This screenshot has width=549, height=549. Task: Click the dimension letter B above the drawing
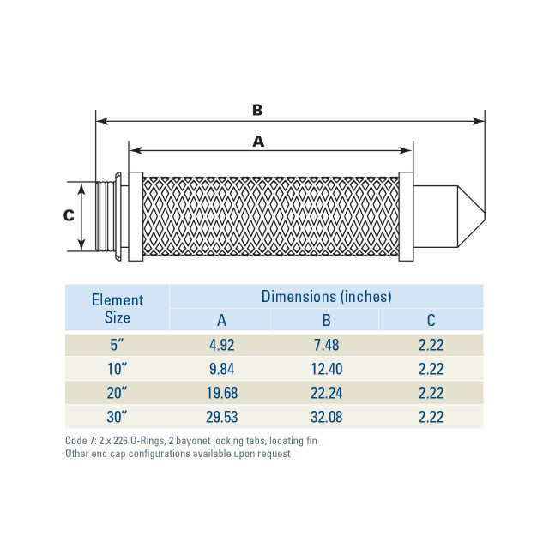pos(257,110)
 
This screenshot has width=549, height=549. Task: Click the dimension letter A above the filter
pos(258,142)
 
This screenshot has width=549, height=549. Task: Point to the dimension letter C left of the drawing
pos(69,216)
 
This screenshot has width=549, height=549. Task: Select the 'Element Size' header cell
pos(118,308)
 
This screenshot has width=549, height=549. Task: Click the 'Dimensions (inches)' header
pos(326,297)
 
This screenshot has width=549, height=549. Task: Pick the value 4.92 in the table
pos(221,347)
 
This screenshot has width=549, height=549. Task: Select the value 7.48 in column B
pos(326,347)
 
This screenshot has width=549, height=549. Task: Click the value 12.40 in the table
pos(326,370)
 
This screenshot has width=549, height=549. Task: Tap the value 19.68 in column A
pos(221,394)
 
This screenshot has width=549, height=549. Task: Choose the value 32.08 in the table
pos(326,417)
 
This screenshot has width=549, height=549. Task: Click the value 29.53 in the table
pos(221,417)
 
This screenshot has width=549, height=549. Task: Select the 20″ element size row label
pos(118,394)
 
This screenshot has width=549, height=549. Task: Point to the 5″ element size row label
pos(118,347)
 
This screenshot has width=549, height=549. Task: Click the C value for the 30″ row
pos(431,417)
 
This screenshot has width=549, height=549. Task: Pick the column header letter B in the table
pos(326,321)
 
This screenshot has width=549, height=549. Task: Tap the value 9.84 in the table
pos(221,370)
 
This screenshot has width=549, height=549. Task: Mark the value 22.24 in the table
pos(326,394)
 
